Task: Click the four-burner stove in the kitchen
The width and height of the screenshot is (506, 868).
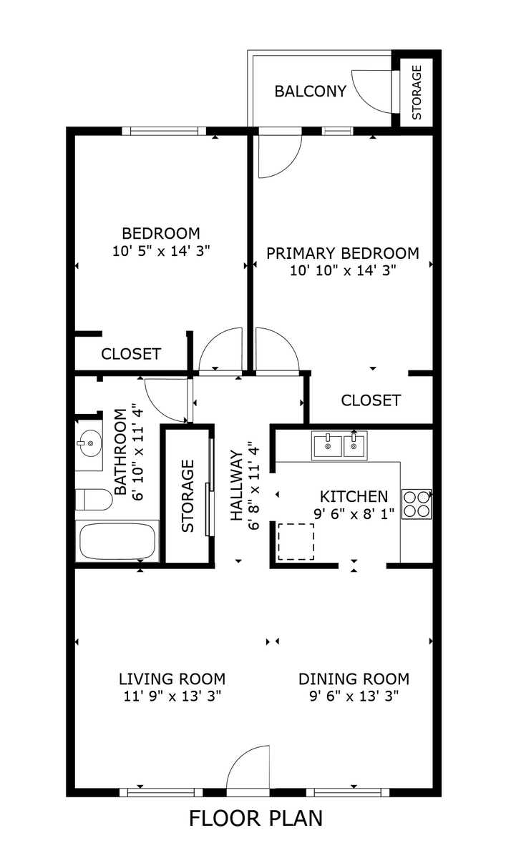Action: (417, 503)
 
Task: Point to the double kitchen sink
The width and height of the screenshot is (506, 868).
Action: (339, 445)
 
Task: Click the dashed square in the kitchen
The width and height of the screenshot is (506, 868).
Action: (296, 541)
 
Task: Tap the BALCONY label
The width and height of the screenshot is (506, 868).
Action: (310, 92)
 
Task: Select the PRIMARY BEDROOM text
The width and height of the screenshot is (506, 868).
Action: (342, 253)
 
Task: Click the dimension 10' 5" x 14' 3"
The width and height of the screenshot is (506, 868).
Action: (160, 251)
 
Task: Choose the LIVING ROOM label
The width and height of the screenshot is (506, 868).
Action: (172, 679)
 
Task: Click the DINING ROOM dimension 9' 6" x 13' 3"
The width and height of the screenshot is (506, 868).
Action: (354, 696)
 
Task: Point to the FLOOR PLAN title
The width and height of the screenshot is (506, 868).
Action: (256, 818)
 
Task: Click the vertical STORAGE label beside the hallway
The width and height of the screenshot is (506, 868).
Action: (188, 495)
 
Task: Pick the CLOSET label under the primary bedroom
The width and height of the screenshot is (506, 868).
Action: (371, 400)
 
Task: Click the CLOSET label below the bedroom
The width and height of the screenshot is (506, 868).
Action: (131, 354)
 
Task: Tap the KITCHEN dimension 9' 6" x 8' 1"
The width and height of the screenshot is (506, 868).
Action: (354, 514)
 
